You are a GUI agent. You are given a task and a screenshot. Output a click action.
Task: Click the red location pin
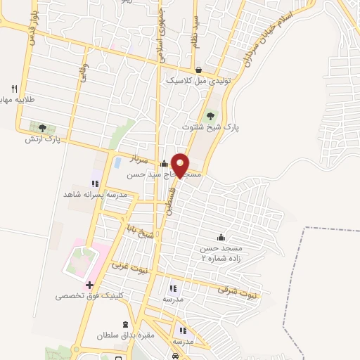point(180,165)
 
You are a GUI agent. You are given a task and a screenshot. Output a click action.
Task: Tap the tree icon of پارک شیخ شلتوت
point(211,115)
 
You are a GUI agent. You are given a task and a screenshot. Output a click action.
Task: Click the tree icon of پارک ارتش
point(42,128)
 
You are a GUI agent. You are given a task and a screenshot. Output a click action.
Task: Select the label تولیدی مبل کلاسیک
point(198,81)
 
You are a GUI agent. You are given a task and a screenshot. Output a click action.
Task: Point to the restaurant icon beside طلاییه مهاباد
point(13,88)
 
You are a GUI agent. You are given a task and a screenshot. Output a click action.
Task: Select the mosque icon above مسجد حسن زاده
point(221,237)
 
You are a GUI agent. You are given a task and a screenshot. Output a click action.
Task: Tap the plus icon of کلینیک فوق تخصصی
point(89,285)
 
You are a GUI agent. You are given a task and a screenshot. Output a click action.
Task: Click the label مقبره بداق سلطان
point(126,337)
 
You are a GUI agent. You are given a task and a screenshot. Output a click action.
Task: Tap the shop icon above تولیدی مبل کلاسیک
point(198,70)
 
